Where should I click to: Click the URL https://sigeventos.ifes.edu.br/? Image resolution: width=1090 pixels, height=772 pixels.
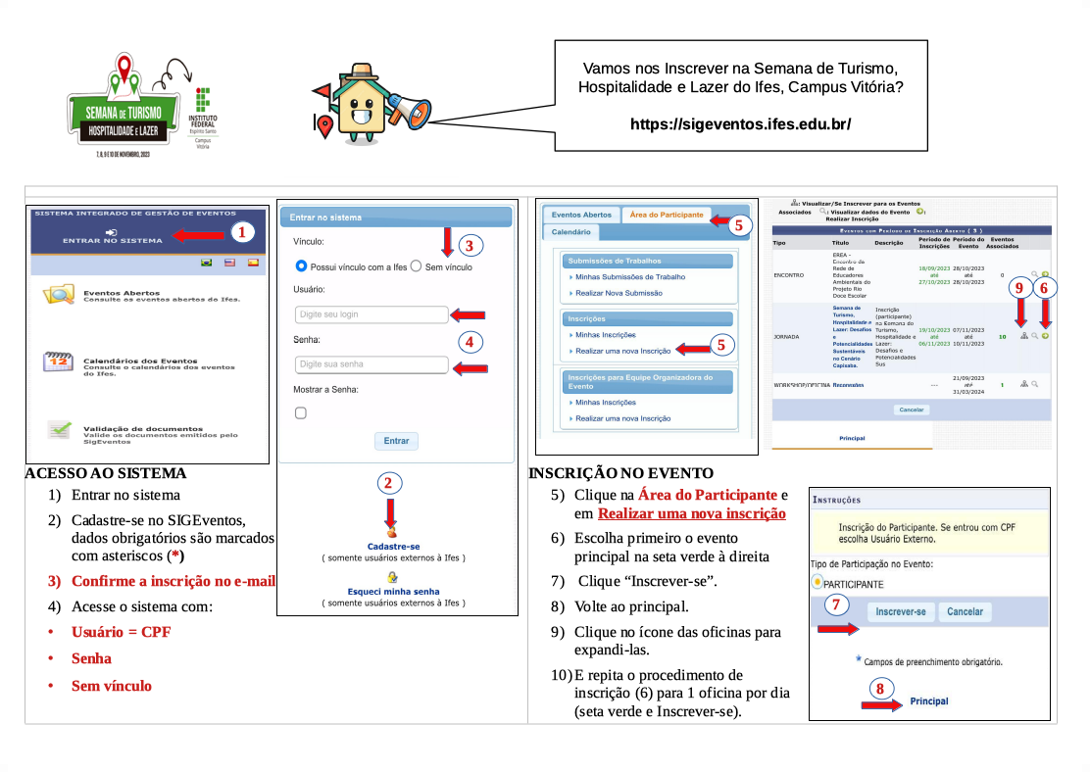click(740, 124)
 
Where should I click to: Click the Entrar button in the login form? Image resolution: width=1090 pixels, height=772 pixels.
click(396, 441)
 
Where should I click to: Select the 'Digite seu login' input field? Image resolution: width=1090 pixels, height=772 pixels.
click(372, 314)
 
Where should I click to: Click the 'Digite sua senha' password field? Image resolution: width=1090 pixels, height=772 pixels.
click(372, 364)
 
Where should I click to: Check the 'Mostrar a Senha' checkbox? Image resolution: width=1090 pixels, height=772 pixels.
click(301, 413)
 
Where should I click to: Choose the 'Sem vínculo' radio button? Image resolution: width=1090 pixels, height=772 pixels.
click(416, 266)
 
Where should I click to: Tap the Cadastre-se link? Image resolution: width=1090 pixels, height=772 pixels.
click(393, 546)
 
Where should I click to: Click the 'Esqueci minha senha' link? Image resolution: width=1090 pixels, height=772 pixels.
click(393, 592)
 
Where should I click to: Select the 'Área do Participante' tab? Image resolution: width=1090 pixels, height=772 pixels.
click(667, 215)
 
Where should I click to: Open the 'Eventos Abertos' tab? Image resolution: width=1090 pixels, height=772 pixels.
click(581, 215)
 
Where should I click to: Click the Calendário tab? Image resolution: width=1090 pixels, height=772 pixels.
click(570, 232)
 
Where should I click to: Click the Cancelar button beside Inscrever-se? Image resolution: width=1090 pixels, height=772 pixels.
click(965, 611)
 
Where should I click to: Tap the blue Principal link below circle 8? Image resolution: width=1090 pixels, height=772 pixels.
click(929, 701)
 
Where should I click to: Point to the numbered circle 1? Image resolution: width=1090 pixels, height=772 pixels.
click(243, 232)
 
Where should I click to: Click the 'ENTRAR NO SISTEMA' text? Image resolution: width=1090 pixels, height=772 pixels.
click(106, 240)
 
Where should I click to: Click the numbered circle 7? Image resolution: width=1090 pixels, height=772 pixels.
click(836, 604)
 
